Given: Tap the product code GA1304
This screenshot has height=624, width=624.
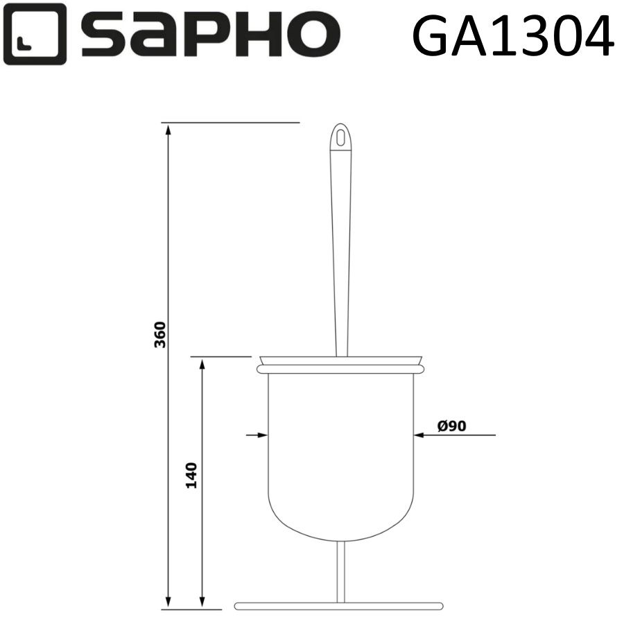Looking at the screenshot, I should [x=512, y=35].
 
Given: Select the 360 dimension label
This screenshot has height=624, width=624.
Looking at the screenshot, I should [x=159, y=335].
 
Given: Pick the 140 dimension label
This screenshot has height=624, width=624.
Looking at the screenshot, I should [x=191, y=475].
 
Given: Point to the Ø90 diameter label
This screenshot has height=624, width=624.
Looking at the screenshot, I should [x=451, y=426].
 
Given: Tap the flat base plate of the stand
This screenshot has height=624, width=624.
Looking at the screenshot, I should [x=338, y=605].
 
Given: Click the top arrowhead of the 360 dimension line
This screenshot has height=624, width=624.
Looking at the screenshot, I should [x=168, y=129].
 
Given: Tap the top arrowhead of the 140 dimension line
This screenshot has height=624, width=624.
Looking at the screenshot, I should [x=202, y=363].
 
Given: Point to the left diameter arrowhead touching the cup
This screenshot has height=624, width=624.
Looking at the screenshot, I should [x=263, y=435].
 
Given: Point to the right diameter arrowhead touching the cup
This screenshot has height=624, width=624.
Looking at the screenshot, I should [x=417, y=435].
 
